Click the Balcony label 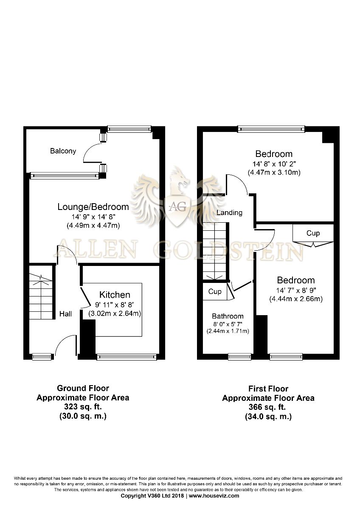click(63, 151)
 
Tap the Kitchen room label click(115, 295)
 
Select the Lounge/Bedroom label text click(93, 207)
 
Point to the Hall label click(65, 314)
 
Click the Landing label click(229, 213)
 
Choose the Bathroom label click(228, 316)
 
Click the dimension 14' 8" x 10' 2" click(274, 164)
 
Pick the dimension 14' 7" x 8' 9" click(296, 290)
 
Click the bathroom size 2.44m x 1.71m click(228, 331)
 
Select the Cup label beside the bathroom click(215, 291)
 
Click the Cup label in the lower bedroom click(313, 233)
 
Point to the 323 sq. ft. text click(83, 406)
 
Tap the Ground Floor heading click(83, 388)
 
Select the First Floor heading click(268, 389)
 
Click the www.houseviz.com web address click(214, 495)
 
